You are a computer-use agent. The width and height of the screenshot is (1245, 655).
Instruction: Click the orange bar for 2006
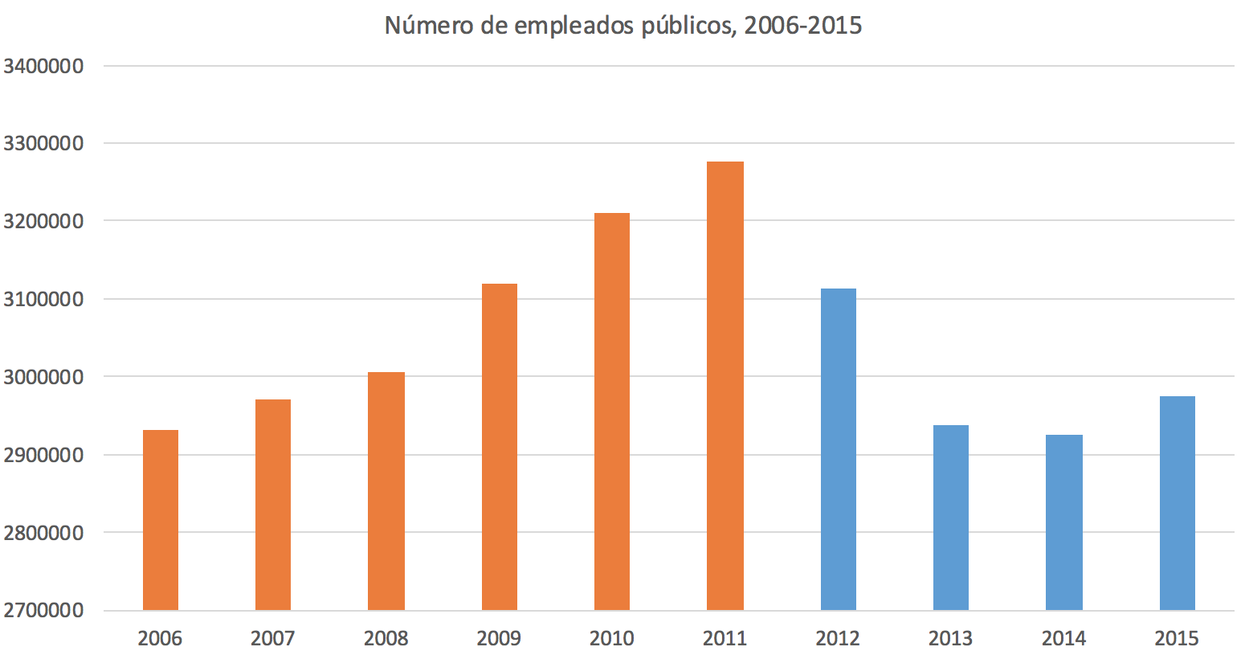161,520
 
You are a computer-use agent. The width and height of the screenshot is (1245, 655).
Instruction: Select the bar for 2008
386,491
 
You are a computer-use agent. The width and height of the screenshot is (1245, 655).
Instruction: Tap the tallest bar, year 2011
725,386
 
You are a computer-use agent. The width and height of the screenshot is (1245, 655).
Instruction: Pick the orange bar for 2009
500,447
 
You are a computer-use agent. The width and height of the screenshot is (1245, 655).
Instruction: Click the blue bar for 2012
839,449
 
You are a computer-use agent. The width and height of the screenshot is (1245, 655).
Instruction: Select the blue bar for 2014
1064,522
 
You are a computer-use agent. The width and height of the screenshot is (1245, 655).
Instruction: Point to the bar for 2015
1178,503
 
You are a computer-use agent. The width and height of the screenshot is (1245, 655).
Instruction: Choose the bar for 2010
612,411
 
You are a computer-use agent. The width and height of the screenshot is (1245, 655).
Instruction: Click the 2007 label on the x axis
273,639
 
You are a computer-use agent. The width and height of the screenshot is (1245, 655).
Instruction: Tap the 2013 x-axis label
951,639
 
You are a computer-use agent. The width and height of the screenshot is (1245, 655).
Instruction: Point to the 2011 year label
725,639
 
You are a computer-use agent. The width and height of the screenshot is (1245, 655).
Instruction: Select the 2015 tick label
1177,639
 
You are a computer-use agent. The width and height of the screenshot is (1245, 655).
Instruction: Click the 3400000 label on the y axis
44,66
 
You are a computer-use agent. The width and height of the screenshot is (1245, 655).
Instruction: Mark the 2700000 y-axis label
44,610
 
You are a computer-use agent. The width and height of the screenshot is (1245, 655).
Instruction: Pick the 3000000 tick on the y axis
44,377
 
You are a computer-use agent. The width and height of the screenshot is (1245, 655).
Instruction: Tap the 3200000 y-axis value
44,221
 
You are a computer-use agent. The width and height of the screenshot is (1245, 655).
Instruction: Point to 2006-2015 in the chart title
803,26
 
